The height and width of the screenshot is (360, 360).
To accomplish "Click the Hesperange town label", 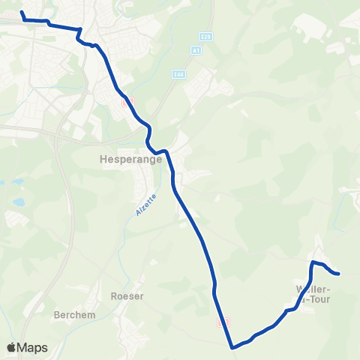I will [126, 159].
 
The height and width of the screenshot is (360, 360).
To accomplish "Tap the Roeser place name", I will [127, 296].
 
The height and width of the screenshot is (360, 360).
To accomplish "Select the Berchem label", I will [74, 315].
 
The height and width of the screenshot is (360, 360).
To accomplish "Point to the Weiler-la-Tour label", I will [316, 294].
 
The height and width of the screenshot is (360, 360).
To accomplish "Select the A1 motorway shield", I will [196, 50].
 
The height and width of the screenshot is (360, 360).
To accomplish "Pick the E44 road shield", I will [178, 74].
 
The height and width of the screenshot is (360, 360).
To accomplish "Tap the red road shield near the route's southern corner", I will [222, 322].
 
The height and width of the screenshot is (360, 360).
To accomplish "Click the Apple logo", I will [12, 347].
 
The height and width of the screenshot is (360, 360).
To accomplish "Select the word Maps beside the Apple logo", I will [33, 347].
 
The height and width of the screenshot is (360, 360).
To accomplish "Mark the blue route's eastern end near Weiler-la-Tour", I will [339, 274].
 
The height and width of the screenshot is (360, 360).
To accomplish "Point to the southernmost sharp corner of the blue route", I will [233, 347].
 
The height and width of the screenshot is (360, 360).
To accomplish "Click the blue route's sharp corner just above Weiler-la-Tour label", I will [313, 262].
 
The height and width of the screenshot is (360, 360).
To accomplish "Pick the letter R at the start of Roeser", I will [113, 296].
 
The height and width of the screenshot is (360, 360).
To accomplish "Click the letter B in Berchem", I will [57, 315].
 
